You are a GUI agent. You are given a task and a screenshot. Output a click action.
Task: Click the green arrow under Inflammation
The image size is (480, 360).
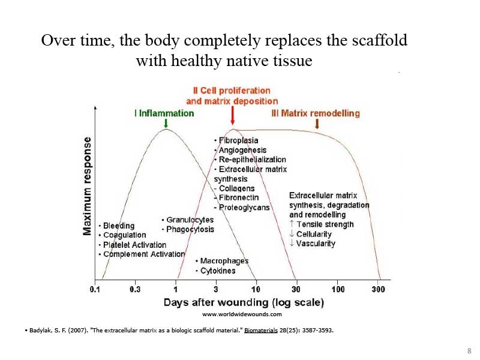pos(166,123)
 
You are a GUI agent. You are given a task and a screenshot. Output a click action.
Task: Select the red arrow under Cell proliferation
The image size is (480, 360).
pos(233,115)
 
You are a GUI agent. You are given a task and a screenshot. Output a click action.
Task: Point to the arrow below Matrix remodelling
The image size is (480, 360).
pos(317,124)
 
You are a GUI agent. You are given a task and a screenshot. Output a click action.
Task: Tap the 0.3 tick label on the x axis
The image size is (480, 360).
pos(135,289)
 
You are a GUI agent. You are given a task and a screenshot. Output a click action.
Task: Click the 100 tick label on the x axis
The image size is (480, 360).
pos(338,289)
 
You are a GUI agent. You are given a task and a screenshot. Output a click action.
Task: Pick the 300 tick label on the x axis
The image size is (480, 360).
pos(379,289)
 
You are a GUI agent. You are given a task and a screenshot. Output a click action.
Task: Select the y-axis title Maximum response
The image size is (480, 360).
pos(87,186)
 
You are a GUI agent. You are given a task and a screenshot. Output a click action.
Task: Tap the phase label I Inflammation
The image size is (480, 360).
pos(164,113)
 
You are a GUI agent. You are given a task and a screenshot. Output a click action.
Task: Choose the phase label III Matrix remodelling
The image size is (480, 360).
pos(316,113)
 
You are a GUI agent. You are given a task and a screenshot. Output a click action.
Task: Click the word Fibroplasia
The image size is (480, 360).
pos(238,140)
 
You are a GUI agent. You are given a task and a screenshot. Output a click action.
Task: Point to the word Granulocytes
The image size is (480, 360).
pos(190,220)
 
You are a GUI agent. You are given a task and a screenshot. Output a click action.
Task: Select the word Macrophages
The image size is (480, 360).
pos(224,261)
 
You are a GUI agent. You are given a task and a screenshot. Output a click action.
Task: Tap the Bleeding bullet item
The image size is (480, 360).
pos(116,226)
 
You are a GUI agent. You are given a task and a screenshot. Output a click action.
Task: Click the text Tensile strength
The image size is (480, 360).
pos(325,224)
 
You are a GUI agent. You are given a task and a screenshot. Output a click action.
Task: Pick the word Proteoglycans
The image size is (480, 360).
pos(244,208)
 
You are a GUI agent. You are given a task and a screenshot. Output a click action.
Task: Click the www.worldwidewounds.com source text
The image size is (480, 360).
pos(242,314)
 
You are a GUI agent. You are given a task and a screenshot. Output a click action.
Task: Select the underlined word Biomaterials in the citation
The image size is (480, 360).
pos(261,331)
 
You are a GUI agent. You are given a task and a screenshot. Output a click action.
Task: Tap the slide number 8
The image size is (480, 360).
pos(469,351)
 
